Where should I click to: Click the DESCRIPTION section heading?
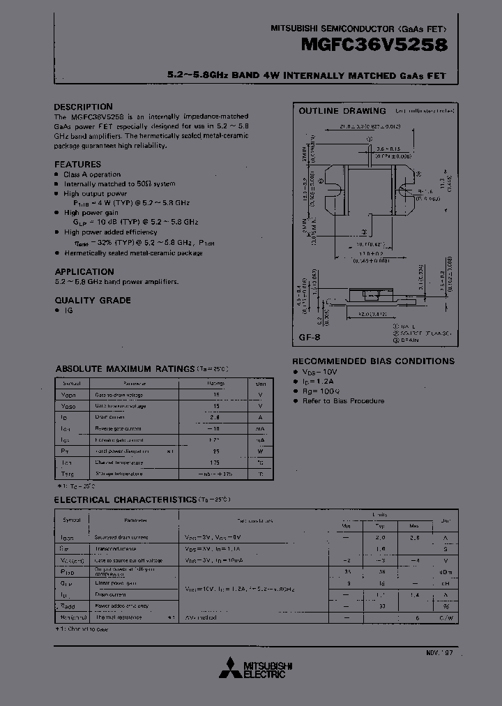coord(83,107)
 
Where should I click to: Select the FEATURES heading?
coord(77,165)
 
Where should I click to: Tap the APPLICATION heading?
coord(84,271)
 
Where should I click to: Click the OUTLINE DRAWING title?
coord(342,111)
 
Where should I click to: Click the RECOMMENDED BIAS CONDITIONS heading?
coord(373,361)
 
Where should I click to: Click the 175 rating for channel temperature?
coord(215,463)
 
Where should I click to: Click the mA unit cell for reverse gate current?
coord(260,428)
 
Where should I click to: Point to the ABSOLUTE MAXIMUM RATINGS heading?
coord(125,368)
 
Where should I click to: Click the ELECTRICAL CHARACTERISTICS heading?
coord(125,500)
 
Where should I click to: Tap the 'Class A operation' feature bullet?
coord(92,174)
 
